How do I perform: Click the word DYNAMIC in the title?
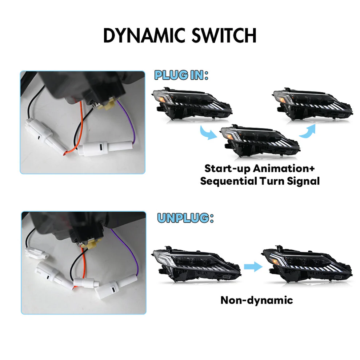144,35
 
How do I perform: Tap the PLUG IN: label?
181,75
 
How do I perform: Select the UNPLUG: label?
185,218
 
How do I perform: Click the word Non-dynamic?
256,300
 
